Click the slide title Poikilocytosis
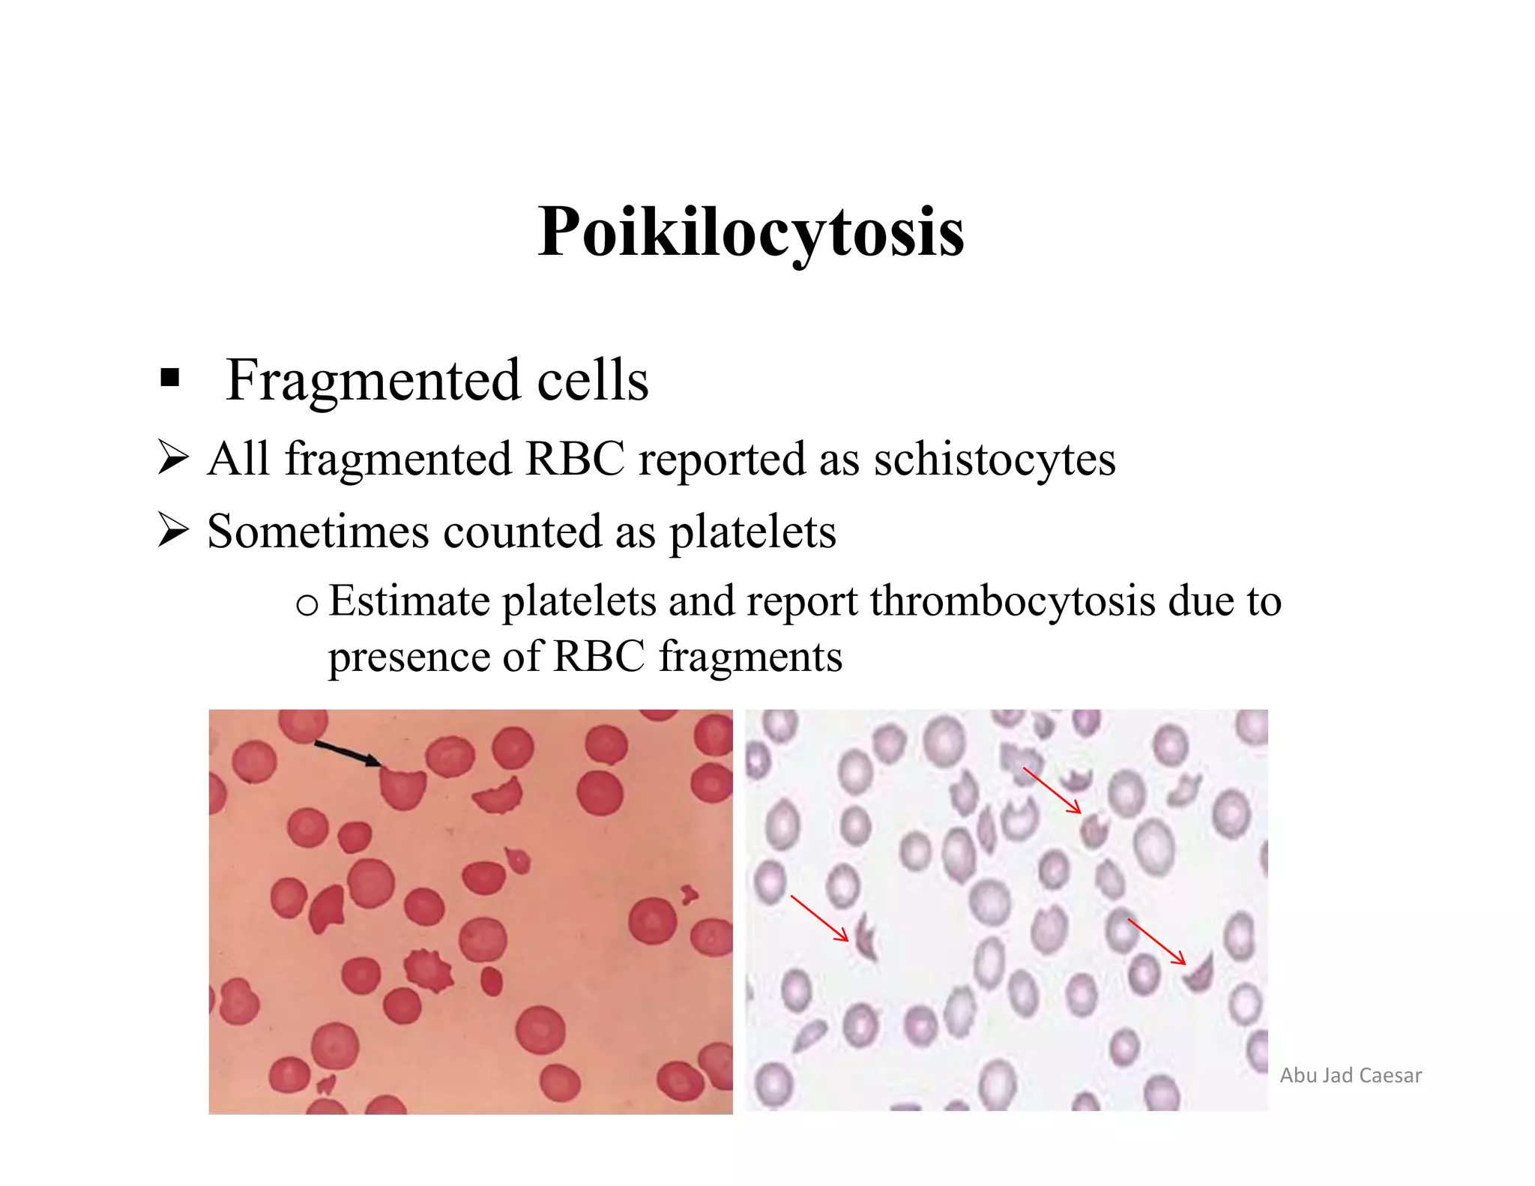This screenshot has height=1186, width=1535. (751, 232)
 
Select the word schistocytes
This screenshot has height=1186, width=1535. (995, 459)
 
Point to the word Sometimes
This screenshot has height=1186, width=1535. (319, 532)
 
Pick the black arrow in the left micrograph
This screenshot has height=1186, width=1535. (346, 753)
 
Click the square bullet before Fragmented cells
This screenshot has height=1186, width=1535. (169, 377)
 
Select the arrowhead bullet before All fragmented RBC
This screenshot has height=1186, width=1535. (172, 458)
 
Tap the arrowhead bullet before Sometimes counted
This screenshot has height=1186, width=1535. (172, 531)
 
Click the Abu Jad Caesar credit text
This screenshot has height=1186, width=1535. (1351, 1075)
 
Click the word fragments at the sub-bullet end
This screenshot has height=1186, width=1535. (750, 657)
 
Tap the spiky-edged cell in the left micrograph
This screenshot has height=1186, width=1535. (428, 970)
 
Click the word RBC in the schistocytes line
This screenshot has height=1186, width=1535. (575, 459)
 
